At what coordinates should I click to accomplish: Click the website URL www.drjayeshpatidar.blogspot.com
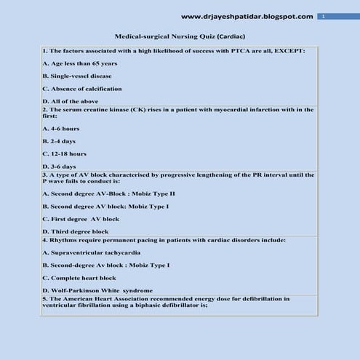tap(247, 16)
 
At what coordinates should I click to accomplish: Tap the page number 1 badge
tap(324, 16)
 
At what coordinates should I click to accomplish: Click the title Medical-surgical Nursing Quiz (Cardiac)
tap(179, 35)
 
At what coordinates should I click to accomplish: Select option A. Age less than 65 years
tap(79, 64)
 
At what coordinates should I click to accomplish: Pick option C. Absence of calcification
tap(82, 88)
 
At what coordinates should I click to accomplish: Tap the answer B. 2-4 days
tap(59, 141)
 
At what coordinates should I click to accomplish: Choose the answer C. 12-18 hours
tap(65, 153)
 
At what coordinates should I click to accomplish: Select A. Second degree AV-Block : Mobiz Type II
tap(108, 194)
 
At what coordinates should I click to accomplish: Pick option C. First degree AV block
tap(81, 218)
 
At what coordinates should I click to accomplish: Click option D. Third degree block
tap(75, 231)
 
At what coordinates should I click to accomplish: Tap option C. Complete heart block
tap(79, 278)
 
